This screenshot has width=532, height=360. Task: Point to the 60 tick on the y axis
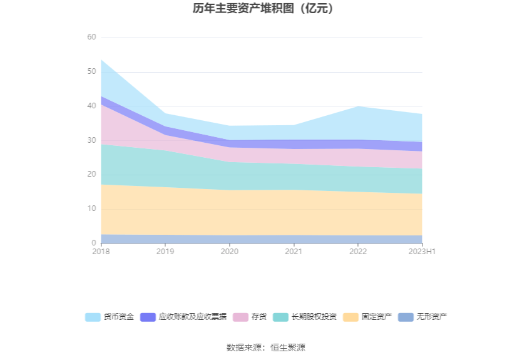(x=92, y=38)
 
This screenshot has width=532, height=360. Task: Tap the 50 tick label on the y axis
(x=92, y=72)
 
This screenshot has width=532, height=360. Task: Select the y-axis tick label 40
(x=92, y=106)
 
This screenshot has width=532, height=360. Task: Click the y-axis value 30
(x=92, y=140)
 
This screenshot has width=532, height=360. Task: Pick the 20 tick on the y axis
(x=92, y=175)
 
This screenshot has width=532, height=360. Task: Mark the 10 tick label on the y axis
(x=92, y=208)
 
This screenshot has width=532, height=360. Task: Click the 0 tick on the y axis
(x=94, y=243)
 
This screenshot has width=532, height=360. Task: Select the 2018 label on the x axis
(x=101, y=252)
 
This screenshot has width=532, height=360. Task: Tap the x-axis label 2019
(x=165, y=252)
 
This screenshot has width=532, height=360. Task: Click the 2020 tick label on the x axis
(x=229, y=252)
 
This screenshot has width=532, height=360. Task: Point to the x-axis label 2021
(x=294, y=252)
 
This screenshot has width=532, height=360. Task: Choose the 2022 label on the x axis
(x=358, y=252)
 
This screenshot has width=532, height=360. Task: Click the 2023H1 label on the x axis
(x=422, y=252)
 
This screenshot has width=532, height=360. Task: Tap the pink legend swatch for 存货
(x=241, y=317)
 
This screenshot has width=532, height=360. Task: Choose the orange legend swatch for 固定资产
(x=351, y=317)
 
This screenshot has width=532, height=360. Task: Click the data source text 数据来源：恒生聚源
(x=265, y=347)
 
